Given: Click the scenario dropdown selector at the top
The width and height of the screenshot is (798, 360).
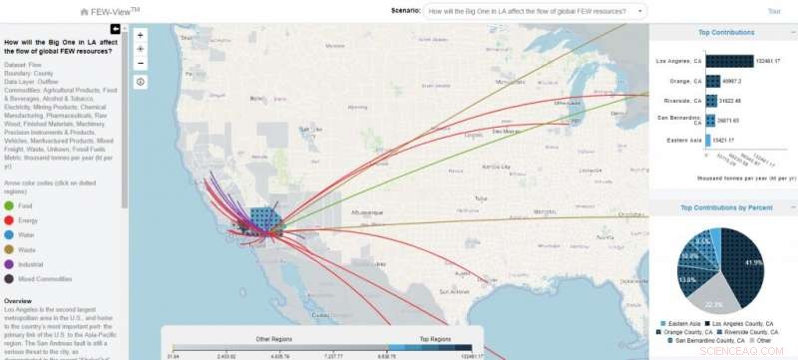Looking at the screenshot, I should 535,11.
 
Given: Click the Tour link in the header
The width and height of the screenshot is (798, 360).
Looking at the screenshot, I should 774,11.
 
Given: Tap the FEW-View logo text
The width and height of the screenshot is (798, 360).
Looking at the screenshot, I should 110,11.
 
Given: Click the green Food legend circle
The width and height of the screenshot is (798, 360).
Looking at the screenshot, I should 10,206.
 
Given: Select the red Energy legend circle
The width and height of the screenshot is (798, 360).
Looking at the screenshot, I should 10,221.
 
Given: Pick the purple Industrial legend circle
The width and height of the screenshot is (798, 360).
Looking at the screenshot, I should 10,264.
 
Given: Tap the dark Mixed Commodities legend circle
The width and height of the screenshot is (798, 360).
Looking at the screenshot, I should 10,279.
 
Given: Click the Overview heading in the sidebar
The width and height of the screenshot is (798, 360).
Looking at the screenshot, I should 19,300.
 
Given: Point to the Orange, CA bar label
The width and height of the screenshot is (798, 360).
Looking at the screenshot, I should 688,81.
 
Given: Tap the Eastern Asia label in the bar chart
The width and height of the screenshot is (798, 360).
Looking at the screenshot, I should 684,140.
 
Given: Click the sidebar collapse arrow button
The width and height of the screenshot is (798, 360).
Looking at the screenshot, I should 116,29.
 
